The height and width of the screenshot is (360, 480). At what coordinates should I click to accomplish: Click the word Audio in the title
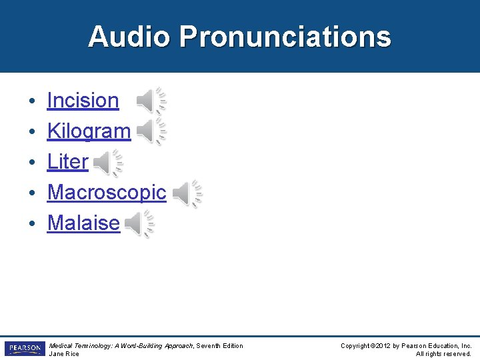pos(129,37)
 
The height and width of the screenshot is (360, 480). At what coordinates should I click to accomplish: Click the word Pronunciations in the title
pos(285,37)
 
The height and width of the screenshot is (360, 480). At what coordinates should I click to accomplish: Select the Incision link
pos(83,101)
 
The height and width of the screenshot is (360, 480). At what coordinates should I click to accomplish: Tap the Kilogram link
pos(89,131)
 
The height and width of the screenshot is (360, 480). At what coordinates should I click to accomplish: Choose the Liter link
pos(67,162)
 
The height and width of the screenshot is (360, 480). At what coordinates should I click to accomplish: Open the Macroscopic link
pos(107,193)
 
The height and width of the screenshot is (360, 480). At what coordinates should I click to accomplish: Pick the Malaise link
pos(83,223)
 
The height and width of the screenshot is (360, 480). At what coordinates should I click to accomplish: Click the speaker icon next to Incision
pos(151,101)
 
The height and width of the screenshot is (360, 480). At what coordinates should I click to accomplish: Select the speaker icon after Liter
pos(107,163)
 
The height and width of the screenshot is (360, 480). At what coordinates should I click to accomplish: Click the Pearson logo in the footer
pos(25,349)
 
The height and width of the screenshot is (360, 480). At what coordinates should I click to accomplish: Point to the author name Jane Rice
pos(64,354)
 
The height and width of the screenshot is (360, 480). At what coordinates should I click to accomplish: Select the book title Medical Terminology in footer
pos(79,345)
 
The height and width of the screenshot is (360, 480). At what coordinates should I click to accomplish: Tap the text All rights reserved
pos(443,354)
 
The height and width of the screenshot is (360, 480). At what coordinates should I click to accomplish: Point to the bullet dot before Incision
pos(32,101)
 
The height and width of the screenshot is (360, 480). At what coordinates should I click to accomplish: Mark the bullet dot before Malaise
pos(32,224)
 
